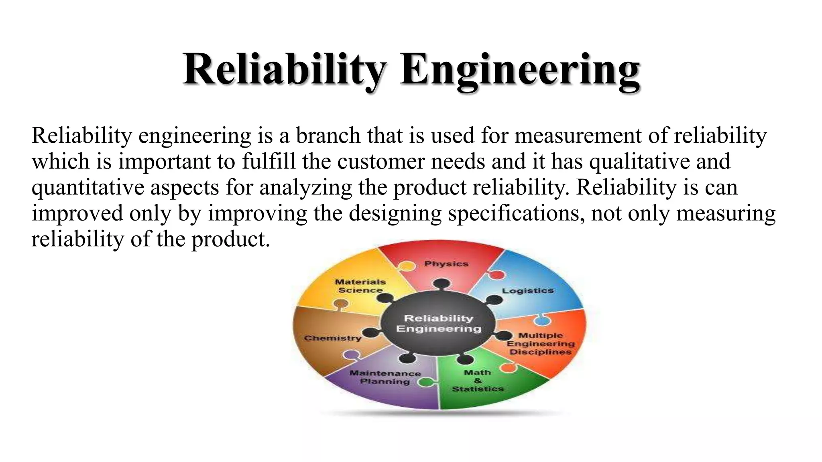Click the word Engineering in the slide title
[x=519, y=71]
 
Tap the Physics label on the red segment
[x=446, y=264]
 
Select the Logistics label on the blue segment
[x=527, y=291]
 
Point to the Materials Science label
[x=360, y=286]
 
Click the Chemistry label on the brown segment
[x=333, y=338]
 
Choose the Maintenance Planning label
[x=385, y=377]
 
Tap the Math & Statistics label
[x=478, y=381]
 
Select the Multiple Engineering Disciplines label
[x=540, y=344]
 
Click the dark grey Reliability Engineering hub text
[x=438, y=324]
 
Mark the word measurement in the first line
[x=578, y=136]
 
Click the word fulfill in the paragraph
[x=269, y=162]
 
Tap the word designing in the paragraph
[x=395, y=213]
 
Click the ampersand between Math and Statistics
[x=477, y=381]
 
